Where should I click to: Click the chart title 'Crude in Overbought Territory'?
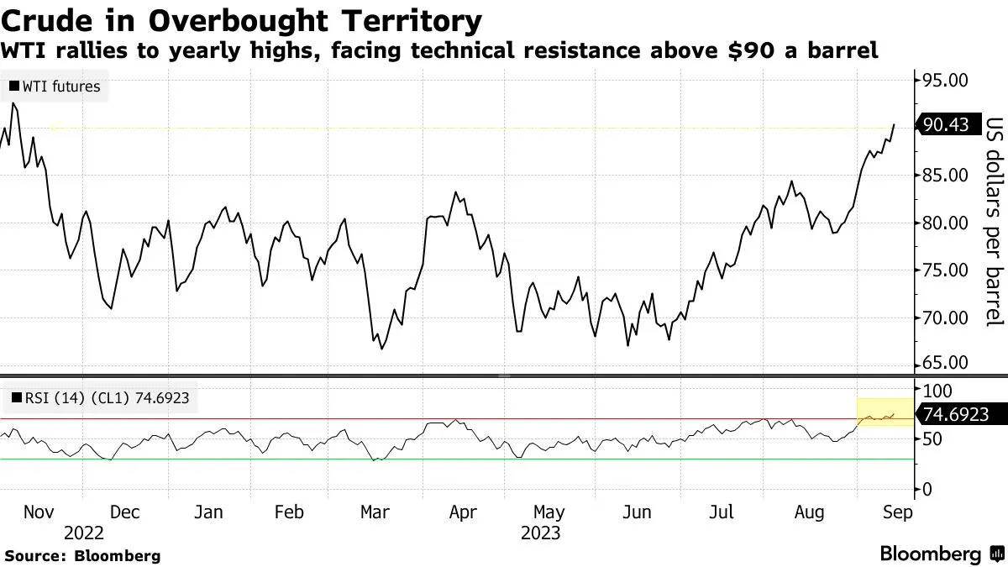(x=242, y=19)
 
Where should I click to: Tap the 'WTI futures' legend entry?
(x=55, y=86)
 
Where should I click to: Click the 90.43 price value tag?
(x=945, y=125)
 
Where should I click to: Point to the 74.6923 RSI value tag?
(x=955, y=414)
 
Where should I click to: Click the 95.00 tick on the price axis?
(x=945, y=81)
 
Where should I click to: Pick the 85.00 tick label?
(x=945, y=176)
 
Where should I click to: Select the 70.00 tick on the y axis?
(x=945, y=318)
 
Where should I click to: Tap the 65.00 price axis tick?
(x=945, y=363)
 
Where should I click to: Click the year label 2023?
(x=541, y=533)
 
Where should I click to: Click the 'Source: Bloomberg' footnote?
(x=81, y=555)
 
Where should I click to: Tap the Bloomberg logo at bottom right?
(x=941, y=554)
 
